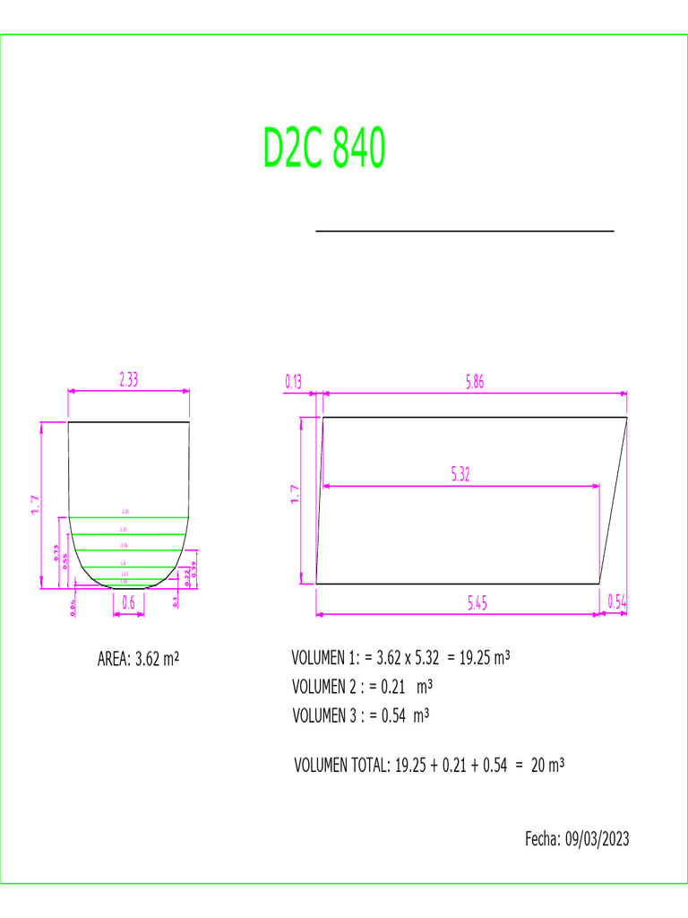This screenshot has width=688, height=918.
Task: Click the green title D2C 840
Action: pyautogui.click(x=324, y=149)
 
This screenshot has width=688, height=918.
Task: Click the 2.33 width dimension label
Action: pyautogui.click(x=129, y=379)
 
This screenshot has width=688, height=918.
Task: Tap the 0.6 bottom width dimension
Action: pyautogui.click(x=128, y=603)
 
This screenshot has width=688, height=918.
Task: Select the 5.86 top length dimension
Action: pyautogui.click(x=477, y=382)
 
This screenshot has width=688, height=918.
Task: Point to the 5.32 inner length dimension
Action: pyautogui.click(x=460, y=475)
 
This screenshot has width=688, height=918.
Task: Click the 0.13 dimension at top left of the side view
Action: pyautogui.click(x=294, y=382)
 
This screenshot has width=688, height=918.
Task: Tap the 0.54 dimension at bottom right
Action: pyautogui.click(x=617, y=603)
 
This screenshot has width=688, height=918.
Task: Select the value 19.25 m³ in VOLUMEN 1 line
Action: pyautogui.click(x=484, y=658)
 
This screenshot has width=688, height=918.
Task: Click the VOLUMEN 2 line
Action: pyautogui.click(x=363, y=687)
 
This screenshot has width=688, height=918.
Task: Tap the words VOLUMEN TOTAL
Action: pyautogui.click(x=341, y=766)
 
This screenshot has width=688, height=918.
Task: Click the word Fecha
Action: pyautogui.click(x=542, y=839)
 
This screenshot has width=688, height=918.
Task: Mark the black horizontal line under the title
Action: pyautogui.click(x=465, y=231)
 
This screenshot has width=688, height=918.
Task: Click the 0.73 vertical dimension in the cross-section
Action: pyautogui.click(x=56, y=553)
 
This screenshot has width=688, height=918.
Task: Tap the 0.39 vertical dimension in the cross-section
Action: pyautogui.click(x=193, y=569)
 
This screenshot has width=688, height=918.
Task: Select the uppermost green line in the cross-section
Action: pyautogui.click(x=129, y=518)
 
